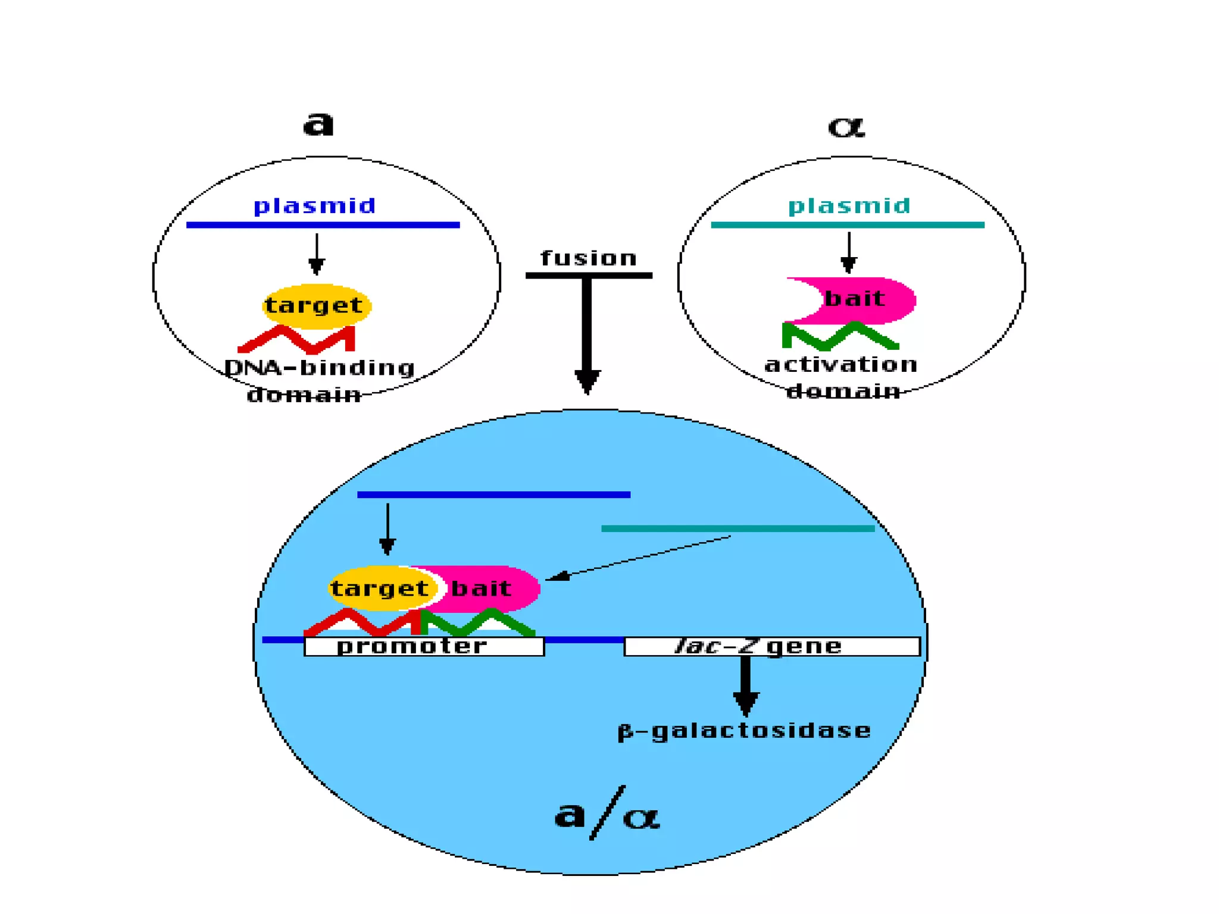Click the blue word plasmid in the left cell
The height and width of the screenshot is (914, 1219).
(314, 206)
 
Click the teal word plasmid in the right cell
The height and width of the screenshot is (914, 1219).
(849, 206)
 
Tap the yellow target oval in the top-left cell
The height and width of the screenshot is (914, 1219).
(316, 306)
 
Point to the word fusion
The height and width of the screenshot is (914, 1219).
(589, 258)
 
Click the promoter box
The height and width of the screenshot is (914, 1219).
(424, 647)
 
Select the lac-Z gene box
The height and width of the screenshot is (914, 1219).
(771, 647)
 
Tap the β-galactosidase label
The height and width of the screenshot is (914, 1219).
(744, 731)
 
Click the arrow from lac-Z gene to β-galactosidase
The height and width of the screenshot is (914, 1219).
(745, 684)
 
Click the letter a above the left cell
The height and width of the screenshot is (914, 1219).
(318, 124)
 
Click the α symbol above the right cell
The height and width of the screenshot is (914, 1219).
(846, 126)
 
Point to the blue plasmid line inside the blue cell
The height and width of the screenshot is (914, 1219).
(493, 494)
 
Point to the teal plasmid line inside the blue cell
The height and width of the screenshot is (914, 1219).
(737, 528)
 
